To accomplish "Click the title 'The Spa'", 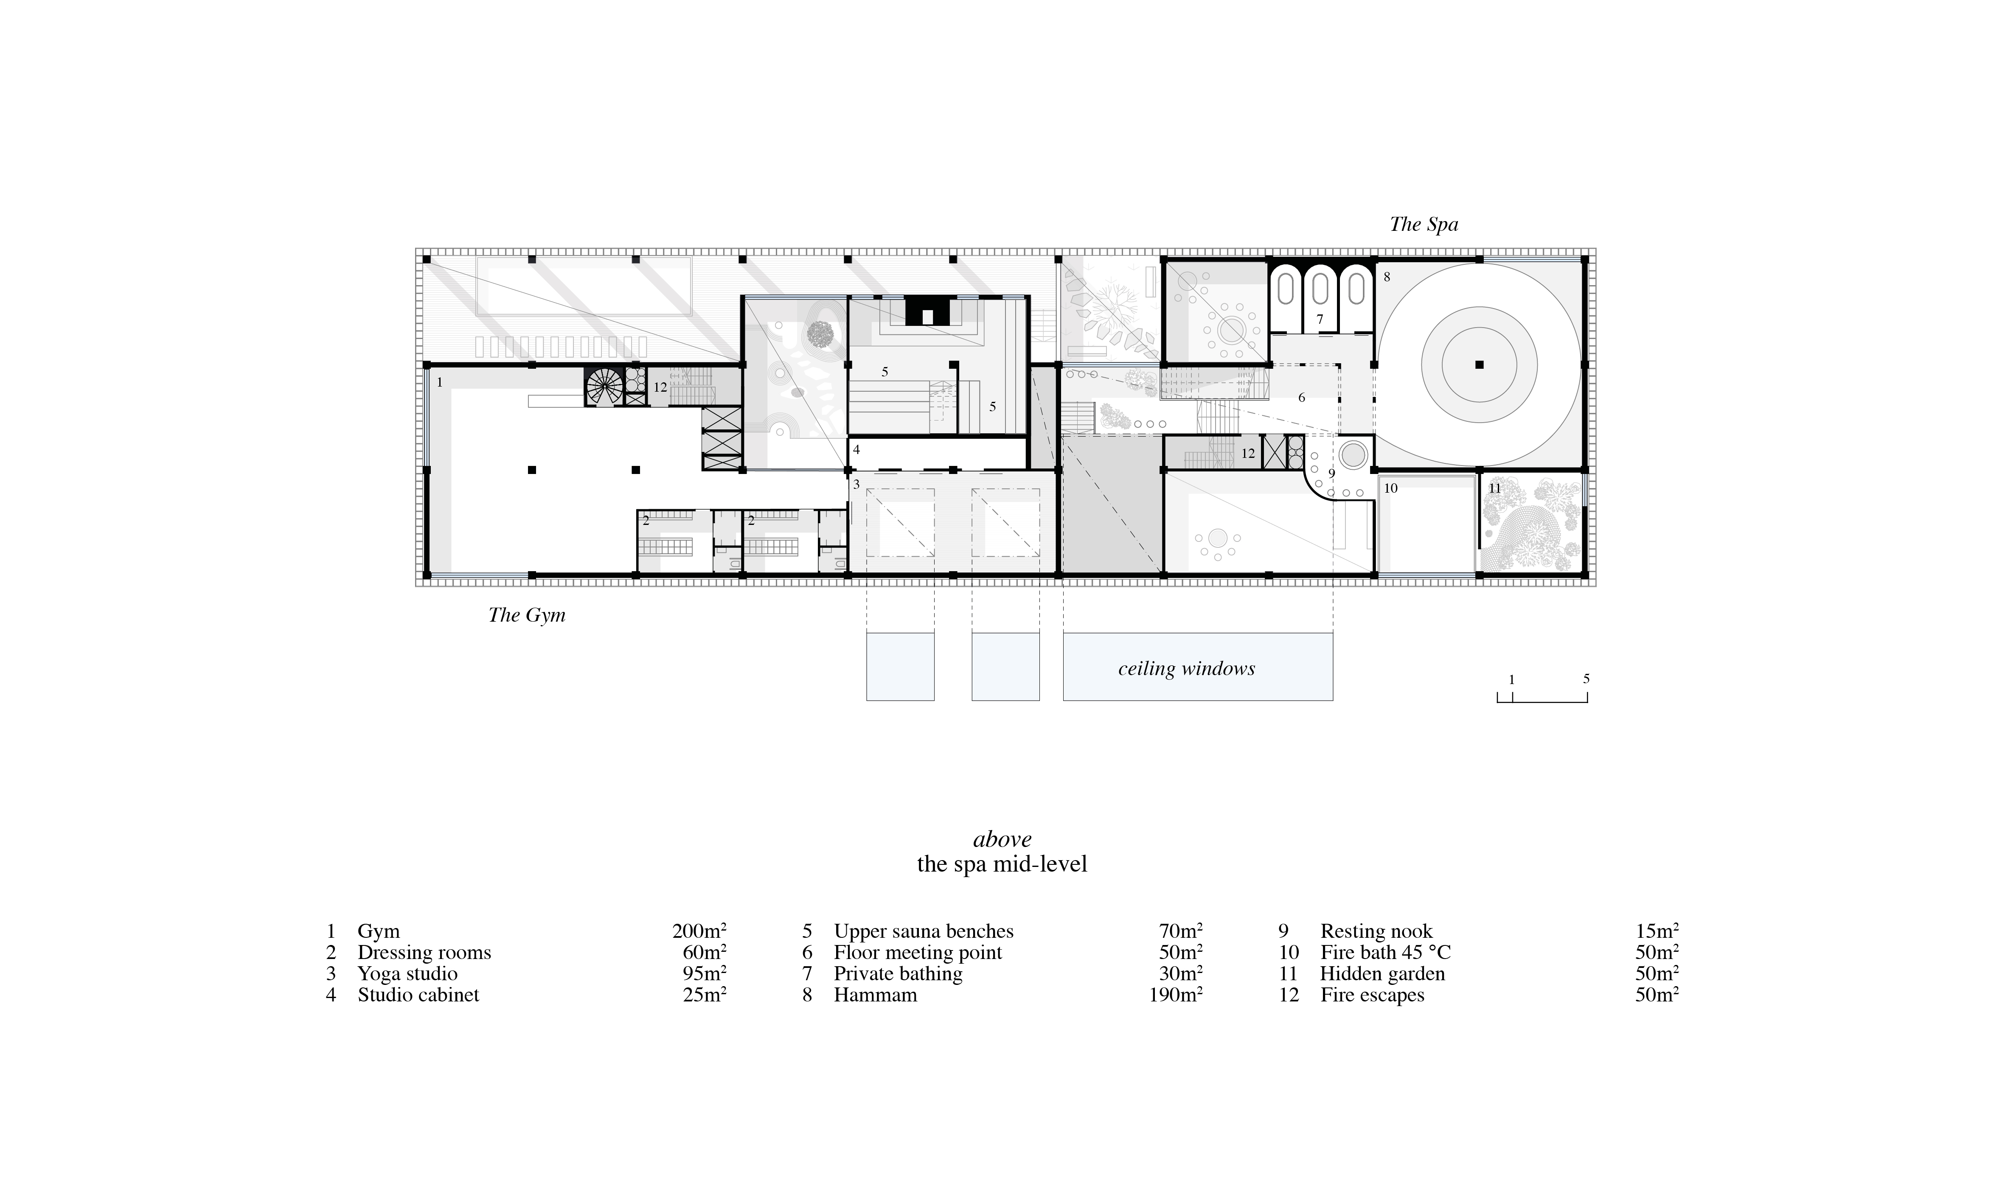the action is [x=1424, y=224].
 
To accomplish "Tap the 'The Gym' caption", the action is [x=527, y=615].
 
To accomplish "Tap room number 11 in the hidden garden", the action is [x=1494, y=488].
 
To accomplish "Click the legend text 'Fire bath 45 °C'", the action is [x=1386, y=953].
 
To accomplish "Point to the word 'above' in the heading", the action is [x=1002, y=839].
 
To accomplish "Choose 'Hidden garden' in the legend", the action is [x=1382, y=973].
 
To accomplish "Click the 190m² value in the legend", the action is [x=1176, y=995].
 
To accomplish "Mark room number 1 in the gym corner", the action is [x=439, y=382].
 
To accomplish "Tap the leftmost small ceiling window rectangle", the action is [x=900, y=666].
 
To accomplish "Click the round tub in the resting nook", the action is [x=1353, y=454].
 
